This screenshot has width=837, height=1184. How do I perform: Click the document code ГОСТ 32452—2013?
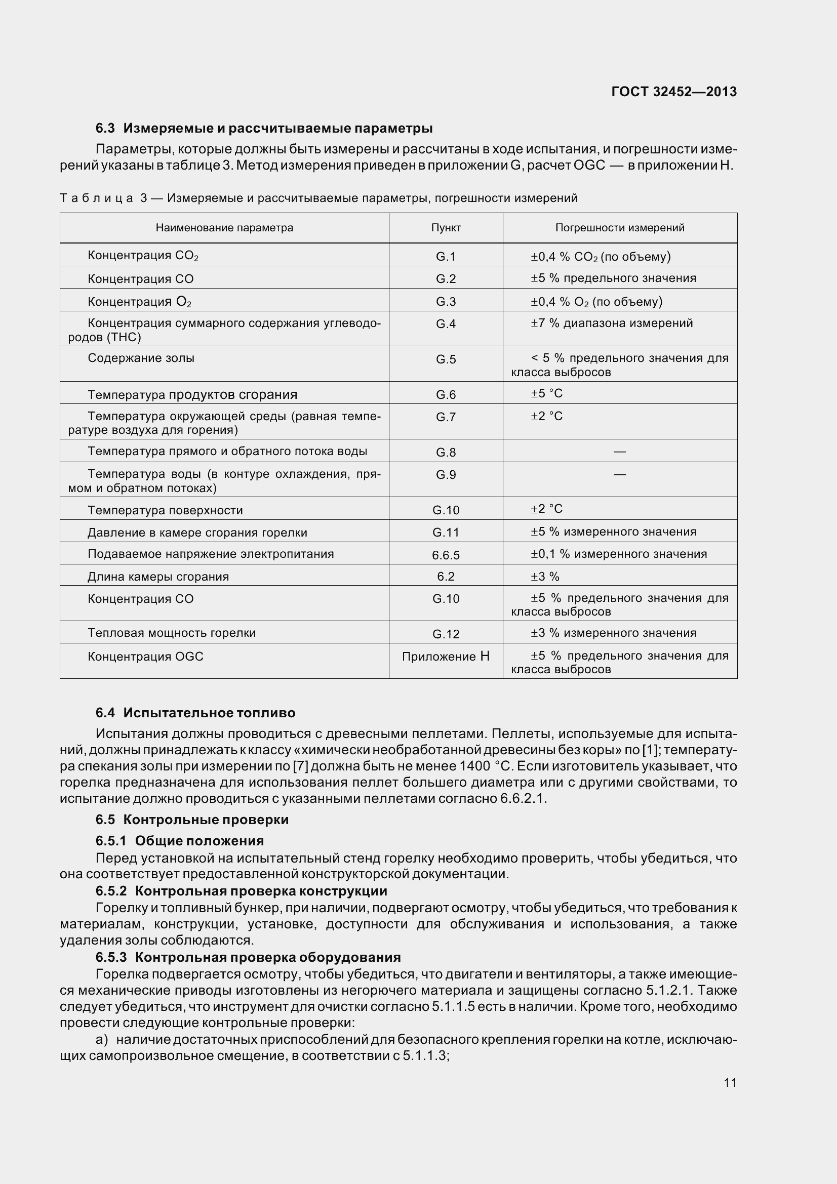(x=673, y=92)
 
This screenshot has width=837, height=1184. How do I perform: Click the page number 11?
(x=730, y=1082)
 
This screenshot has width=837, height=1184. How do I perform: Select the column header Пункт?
(x=446, y=228)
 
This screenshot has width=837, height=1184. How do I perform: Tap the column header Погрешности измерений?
(x=619, y=228)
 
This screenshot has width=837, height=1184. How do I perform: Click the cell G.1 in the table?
(x=446, y=256)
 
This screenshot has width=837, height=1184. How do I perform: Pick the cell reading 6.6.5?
(x=446, y=555)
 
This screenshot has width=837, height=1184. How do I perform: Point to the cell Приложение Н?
(x=446, y=657)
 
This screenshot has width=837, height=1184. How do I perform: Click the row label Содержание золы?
(x=141, y=358)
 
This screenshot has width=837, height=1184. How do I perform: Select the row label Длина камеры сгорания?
(x=158, y=577)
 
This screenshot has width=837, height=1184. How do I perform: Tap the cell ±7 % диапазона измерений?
(x=612, y=323)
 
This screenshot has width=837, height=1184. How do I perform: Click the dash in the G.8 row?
(x=619, y=452)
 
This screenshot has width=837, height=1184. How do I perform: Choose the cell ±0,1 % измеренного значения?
(x=619, y=554)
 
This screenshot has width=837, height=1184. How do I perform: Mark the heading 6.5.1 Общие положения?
(x=179, y=841)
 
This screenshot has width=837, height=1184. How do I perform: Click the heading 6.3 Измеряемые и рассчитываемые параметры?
(x=264, y=128)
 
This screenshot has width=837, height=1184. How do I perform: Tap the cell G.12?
(x=446, y=634)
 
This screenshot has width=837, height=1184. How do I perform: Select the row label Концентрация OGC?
(x=145, y=657)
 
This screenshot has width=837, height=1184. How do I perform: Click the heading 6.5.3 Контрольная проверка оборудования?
(x=248, y=957)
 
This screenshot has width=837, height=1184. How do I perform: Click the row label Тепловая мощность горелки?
(x=171, y=633)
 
